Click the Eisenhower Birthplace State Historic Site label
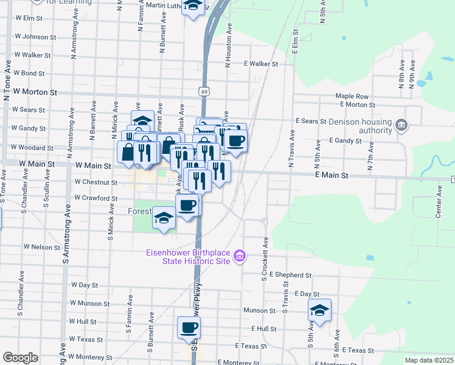pos(188,257)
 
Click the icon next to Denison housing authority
pos(401,126)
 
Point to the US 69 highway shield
pos(204,91)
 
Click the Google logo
pos(20,358)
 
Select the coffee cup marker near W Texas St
pos(189,327)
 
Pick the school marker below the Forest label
pos(164,218)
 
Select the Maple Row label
pos(352,96)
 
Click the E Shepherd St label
pos(290,275)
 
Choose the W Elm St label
pos(28,19)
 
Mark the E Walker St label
pos(260,63)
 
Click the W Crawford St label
pos(96,198)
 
